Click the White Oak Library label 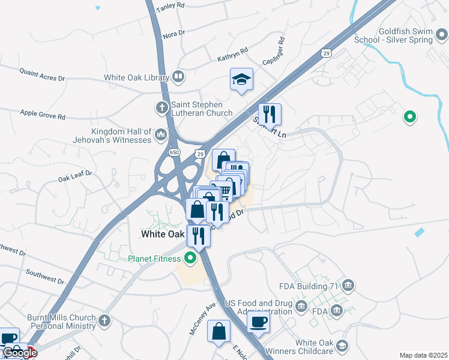point(137,77)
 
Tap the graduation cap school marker point(241,80)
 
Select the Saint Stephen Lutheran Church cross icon point(161,109)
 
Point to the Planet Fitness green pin point(190,259)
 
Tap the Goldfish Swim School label point(405,35)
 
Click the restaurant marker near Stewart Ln point(270,113)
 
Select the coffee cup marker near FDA point(258,321)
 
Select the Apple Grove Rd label point(43,113)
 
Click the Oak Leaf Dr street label point(75,176)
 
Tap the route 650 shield point(174,153)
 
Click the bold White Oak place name point(161,234)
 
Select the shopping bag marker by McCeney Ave point(219,331)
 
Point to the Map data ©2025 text point(423,355)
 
